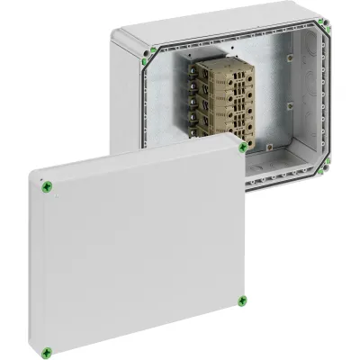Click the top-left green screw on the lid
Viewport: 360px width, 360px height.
click(46, 186)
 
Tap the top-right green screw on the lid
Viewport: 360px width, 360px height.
click(242, 146)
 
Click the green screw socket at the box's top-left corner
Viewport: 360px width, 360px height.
click(146, 50)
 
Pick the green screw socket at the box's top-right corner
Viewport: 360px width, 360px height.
click(325, 26)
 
